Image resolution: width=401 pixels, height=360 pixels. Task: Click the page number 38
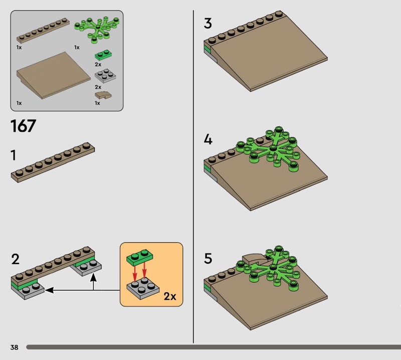(x=15, y=347)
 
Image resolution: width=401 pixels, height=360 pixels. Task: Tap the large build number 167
(x=23, y=126)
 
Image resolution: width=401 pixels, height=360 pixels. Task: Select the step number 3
(x=208, y=23)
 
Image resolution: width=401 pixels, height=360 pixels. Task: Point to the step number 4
(x=208, y=140)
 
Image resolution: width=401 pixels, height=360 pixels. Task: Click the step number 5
(x=208, y=258)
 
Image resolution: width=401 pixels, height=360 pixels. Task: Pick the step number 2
(x=16, y=259)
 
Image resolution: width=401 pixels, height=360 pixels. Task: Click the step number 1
(x=14, y=155)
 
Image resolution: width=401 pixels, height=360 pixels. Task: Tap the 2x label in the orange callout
(x=170, y=296)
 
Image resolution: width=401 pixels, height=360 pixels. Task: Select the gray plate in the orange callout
(x=143, y=289)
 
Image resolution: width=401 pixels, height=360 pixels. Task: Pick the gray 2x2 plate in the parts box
(x=105, y=76)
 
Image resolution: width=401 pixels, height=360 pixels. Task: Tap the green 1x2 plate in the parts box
(x=104, y=55)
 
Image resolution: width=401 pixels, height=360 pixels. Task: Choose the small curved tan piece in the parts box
(x=103, y=95)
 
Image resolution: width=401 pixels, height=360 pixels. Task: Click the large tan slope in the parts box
(x=53, y=76)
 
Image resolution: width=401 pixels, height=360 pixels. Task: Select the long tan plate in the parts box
(x=43, y=31)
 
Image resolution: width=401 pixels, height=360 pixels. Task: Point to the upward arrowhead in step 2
(x=94, y=277)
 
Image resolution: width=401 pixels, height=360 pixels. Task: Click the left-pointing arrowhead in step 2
(x=49, y=290)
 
